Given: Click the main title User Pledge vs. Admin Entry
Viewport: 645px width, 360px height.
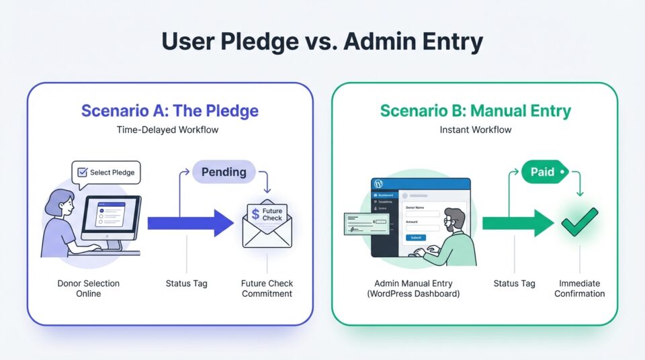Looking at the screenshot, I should [322, 42].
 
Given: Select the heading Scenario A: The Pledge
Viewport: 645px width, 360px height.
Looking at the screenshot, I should [170, 110].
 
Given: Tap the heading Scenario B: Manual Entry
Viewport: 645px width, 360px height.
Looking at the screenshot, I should [474, 110].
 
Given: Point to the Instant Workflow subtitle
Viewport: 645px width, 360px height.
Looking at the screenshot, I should [474, 130].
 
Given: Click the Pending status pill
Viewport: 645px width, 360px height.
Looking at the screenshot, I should [224, 172].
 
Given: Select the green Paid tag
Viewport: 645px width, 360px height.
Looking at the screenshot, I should [544, 172].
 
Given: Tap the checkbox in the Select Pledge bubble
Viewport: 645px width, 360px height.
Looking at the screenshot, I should [83, 173].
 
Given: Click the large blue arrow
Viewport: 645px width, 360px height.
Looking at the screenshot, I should [191, 222].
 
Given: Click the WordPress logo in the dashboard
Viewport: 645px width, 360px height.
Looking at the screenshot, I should [378, 184].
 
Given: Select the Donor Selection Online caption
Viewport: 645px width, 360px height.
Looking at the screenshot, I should [88, 288].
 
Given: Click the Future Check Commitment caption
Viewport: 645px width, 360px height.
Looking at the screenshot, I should [267, 288].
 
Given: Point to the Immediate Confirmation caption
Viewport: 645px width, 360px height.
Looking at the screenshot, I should [579, 288].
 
